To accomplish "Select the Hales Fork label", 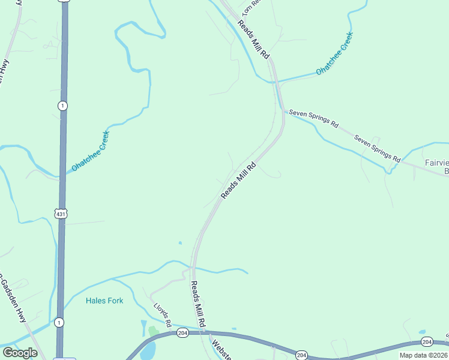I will click(104, 301).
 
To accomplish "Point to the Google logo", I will click(20, 353).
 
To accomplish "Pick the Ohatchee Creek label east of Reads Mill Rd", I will click(335, 53).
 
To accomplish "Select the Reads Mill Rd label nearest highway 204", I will click(199, 304).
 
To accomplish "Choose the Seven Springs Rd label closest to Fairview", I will click(377, 148).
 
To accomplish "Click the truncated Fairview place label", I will click(437, 167).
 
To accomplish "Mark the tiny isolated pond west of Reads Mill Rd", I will click(179, 243).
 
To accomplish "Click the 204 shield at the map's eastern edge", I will click(427, 342).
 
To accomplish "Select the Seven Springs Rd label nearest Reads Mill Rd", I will click(313, 119).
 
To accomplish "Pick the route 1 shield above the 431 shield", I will click(63, 106).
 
